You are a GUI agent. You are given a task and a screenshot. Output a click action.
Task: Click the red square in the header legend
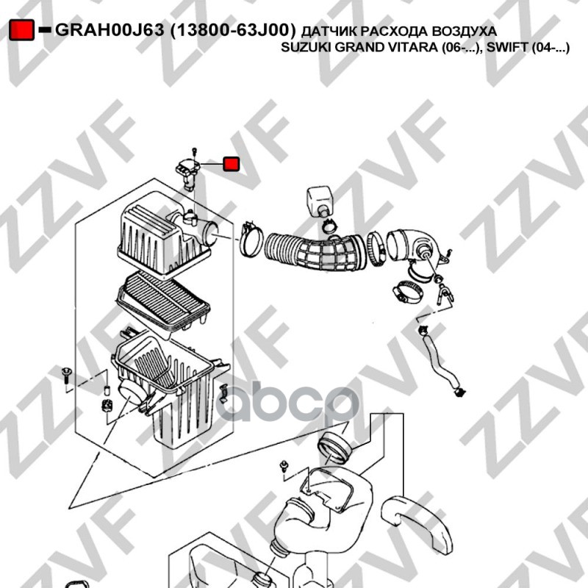22,30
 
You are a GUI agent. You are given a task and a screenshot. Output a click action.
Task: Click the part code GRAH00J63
110,30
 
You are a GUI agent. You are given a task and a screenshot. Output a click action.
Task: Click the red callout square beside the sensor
231,164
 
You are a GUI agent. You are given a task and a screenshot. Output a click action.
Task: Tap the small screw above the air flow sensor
194,152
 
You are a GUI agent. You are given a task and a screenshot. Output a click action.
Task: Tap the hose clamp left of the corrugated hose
251,240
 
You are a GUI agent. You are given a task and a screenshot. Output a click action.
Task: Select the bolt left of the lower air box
66,375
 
